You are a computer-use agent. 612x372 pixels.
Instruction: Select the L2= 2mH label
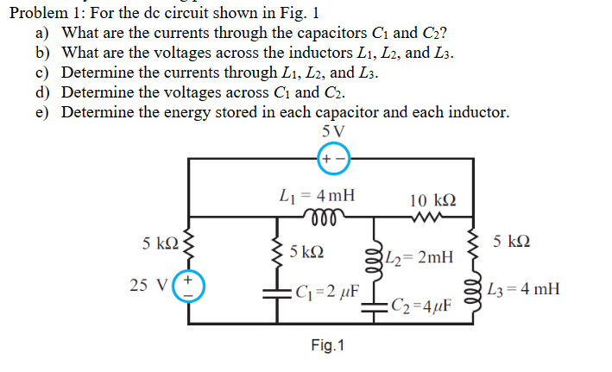(x=419, y=256)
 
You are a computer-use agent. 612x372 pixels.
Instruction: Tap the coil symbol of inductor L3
(x=473, y=290)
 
